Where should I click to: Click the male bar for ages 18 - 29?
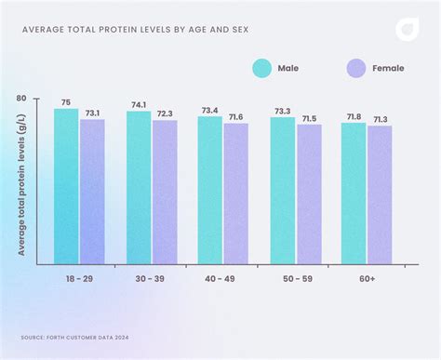coord(66,187)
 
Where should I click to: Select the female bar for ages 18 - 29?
coord(92,192)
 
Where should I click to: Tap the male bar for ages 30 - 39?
coord(139,188)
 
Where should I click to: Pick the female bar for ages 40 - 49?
coord(235,193)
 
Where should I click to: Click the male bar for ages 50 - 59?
coord(283,191)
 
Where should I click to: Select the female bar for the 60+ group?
coord(380,195)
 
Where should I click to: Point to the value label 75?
coord(66,102)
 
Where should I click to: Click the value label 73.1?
coord(92,113)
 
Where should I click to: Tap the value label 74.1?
coord(139,105)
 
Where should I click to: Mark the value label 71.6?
coord(235,117)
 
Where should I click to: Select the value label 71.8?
coord(354,116)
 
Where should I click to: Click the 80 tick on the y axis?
coord(21,98)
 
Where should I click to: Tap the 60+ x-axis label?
coord(366,278)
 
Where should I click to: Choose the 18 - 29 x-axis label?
coord(78,278)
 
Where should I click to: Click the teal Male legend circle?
coord(261,68)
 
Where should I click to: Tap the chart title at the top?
coord(134,28)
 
